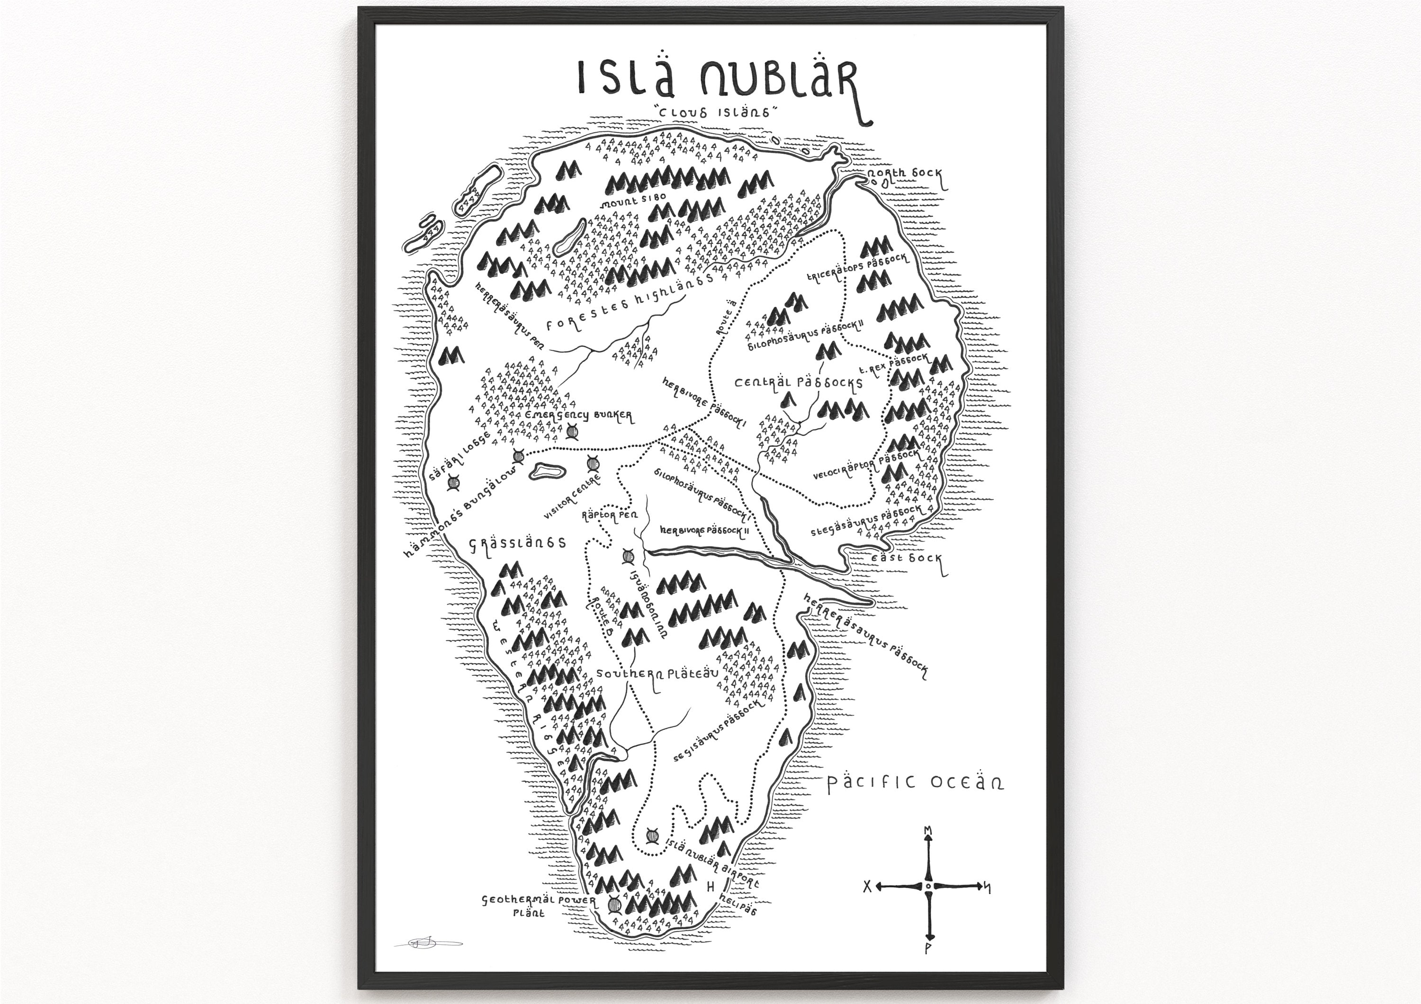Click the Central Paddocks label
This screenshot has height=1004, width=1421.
click(x=799, y=382)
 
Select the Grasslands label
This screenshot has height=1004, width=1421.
click(x=518, y=543)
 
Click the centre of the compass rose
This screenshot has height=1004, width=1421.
click(x=928, y=887)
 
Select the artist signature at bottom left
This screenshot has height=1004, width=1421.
click(x=427, y=943)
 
